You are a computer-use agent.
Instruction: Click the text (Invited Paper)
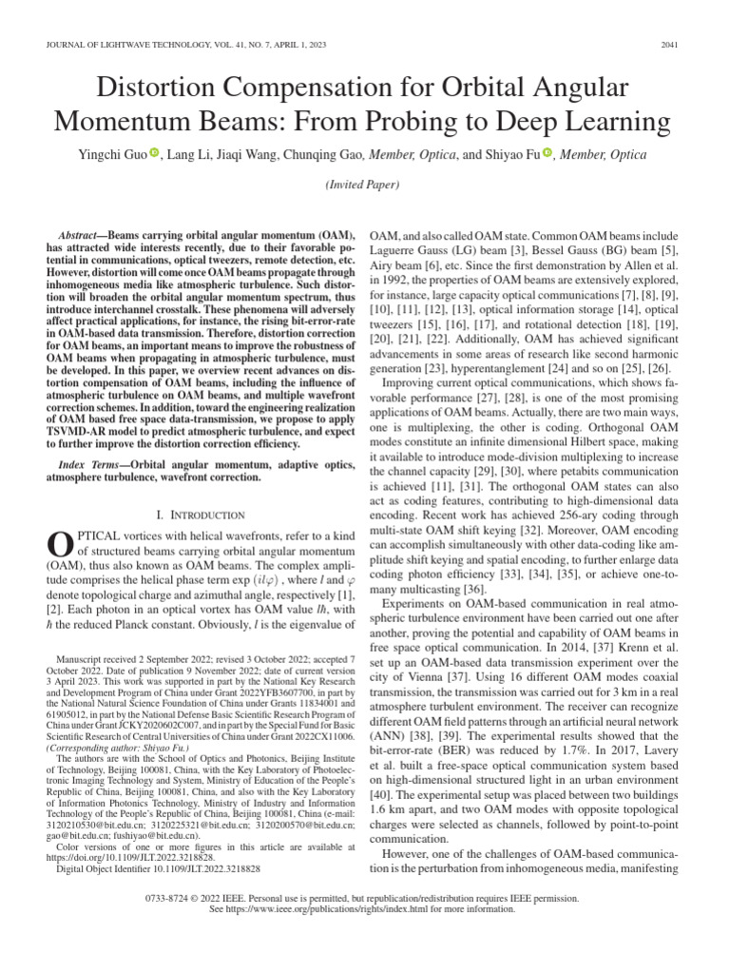[364, 185]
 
